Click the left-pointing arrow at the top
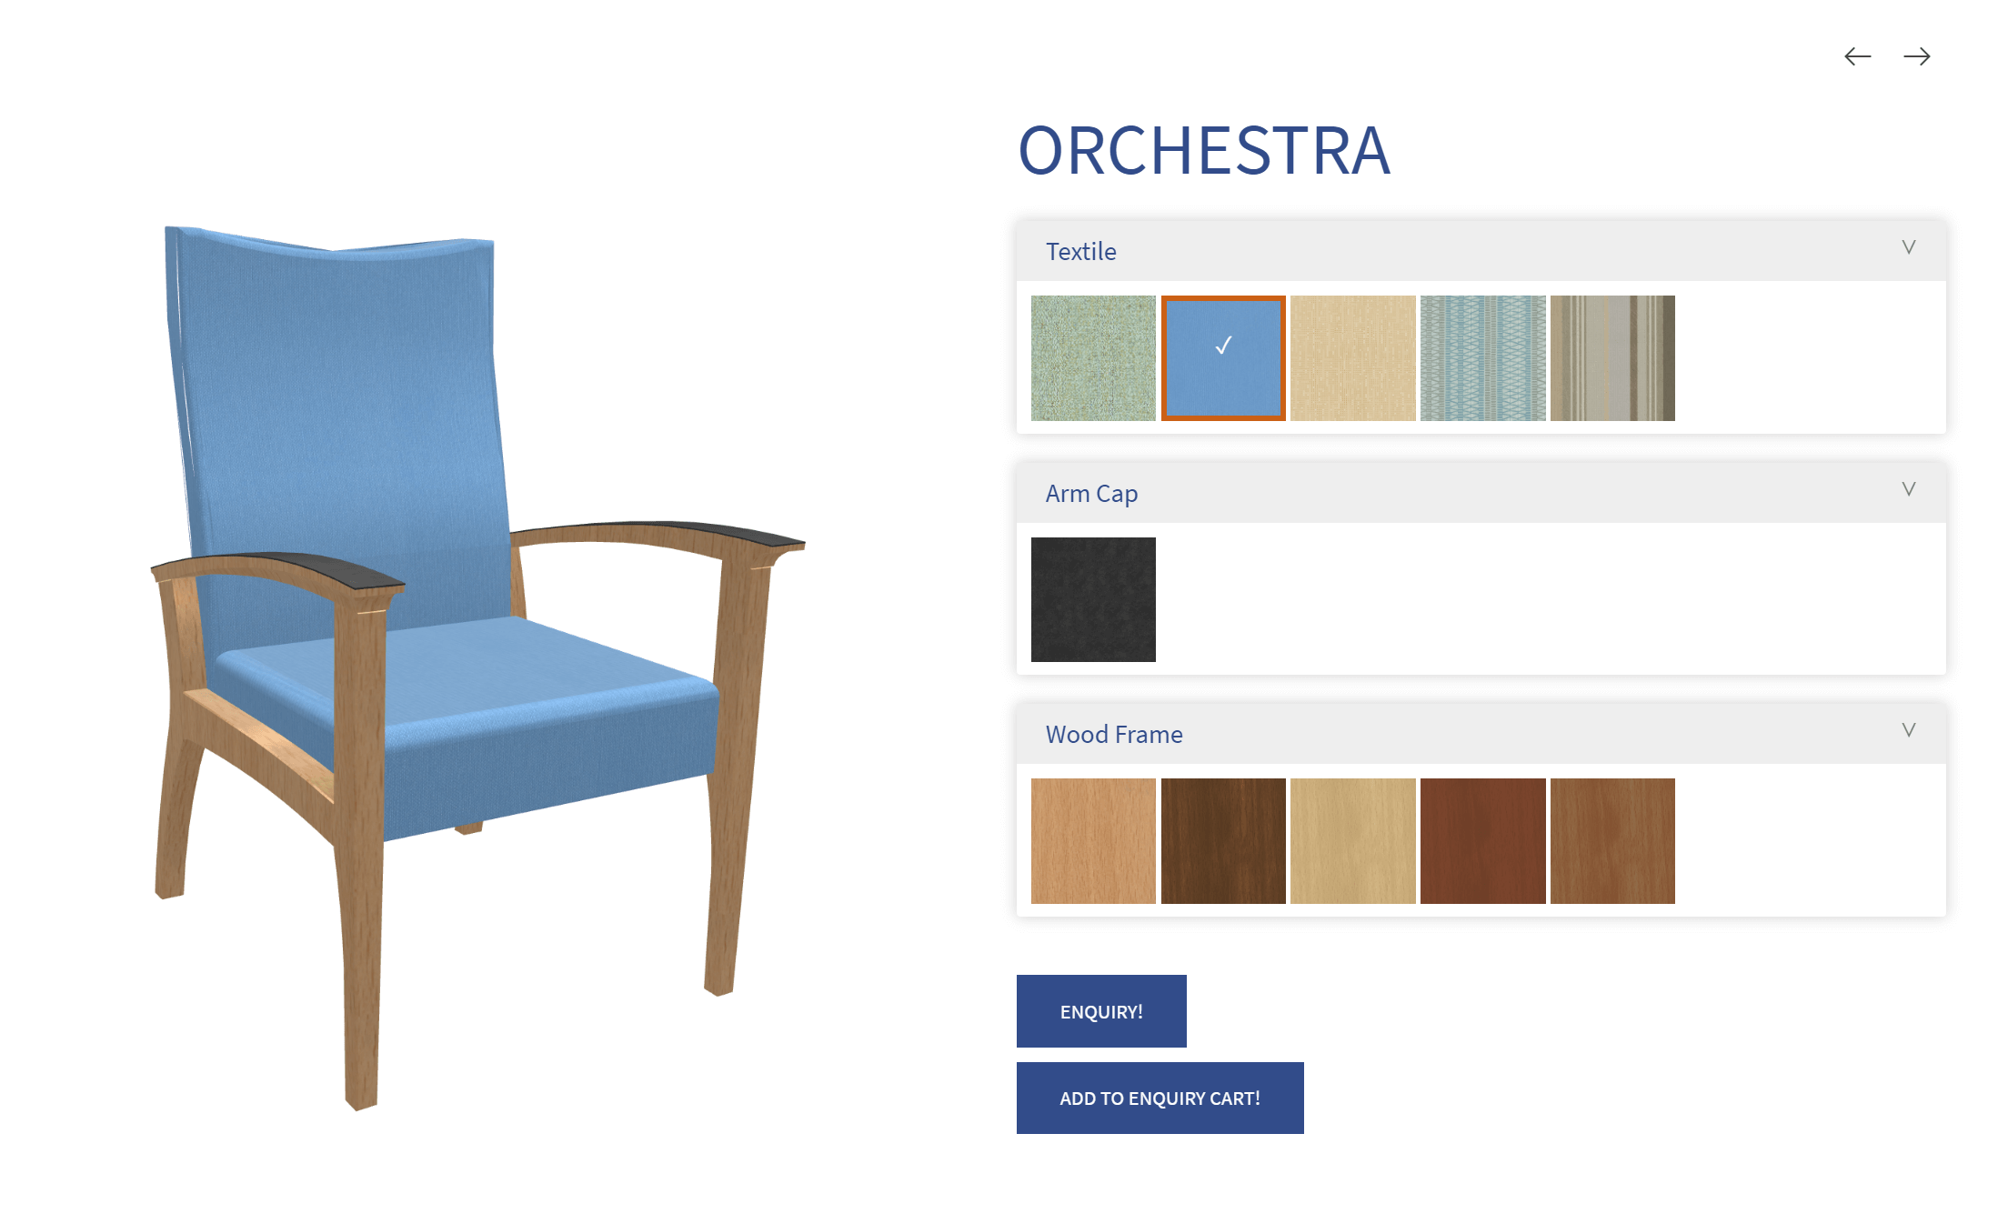(x=1857, y=56)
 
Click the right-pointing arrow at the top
(x=1917, y=56)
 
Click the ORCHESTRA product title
(x=1204, y=150)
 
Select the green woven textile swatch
(x=1093, y=358)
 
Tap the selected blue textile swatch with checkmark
(x=1223, y=358)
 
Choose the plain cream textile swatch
(x=1353, y=358)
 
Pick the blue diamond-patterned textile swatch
(x=1483, y=358)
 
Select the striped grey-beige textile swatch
(x=1612, y=358)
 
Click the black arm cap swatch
(x=1093, y=599)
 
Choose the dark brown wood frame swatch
(x=1223, y=841)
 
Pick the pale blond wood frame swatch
(x=1353, y=841)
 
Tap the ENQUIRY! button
(x=1101, y=1011)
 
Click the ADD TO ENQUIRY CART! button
(x=1160, y=1098)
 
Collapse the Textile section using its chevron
(x=1909, y=247)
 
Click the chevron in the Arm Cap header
(x=1909, y=489)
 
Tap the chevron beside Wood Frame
(x=1909, y=730)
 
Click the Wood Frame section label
(x=1114, y=734)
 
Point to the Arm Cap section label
(x=1091, y=494)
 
